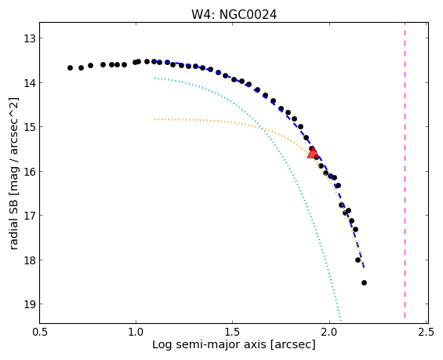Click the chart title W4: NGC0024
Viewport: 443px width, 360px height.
point(234,14)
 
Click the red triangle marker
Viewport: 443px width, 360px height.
point(313,153)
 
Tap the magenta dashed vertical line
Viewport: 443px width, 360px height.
point(405,170)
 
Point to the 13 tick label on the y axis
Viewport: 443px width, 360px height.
point(30,38)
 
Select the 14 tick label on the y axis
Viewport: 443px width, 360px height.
point(30,83)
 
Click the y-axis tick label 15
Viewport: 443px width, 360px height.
point(30,126)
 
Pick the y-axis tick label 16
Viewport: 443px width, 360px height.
point(30,171)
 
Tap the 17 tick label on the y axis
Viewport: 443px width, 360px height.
point(30,216)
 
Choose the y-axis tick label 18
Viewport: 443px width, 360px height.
point(30,260)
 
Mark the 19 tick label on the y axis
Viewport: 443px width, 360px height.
point(30,304)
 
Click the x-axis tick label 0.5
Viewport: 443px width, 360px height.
point(39,332)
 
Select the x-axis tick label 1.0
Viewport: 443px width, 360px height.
point(136,332)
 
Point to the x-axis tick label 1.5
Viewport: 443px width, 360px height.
point(233,332)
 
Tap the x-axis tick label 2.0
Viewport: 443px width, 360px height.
point(329,332)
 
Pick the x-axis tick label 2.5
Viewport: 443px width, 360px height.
point(426,332)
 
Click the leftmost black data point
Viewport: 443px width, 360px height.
point(70,67)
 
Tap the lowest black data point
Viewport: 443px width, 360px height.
point(364,282)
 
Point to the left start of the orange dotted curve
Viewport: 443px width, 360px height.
point(154,119)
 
